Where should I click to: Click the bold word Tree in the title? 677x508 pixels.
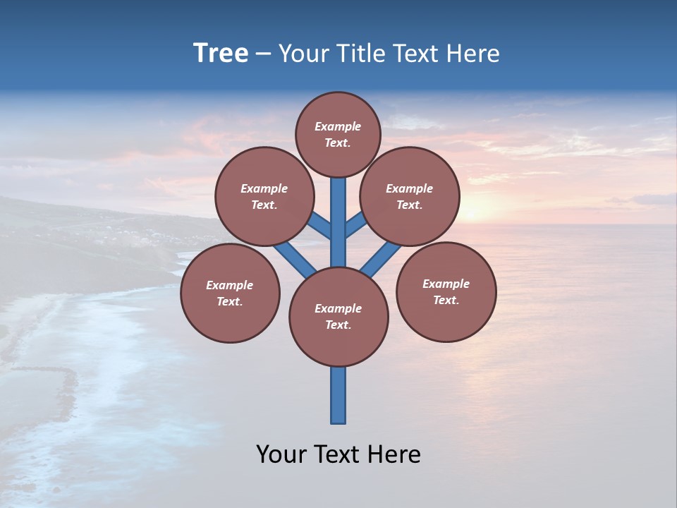tap(221, 54)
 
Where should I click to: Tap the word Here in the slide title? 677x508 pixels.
tap(472, 54)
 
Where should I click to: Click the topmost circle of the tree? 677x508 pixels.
tap(338, 134)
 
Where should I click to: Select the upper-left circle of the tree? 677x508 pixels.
tap(264, 196)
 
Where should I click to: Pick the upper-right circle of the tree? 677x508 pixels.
tap(410, 196)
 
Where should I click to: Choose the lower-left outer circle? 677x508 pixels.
tap(230, 293)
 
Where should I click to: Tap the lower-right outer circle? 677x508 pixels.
tap(446, 291)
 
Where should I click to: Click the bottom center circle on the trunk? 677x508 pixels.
tap(338, 316)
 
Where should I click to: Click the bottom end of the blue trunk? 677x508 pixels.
tap(338, 421)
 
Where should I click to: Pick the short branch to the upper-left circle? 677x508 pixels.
tap(320, 226)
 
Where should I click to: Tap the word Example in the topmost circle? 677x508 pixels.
tap(338, 126)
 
